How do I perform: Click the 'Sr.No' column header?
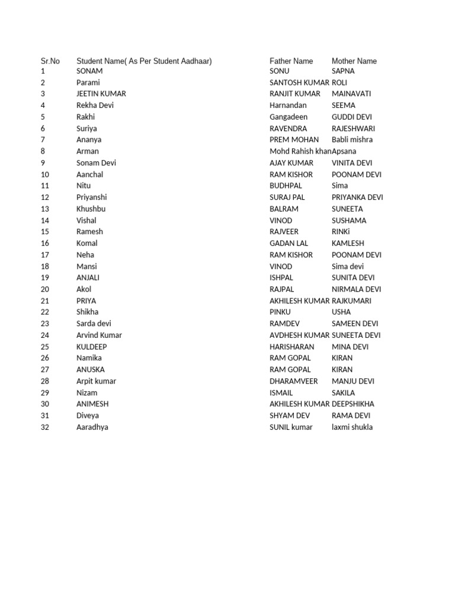[50, 61]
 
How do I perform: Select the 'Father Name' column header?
[291, 61]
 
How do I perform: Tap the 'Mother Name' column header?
[354, 61]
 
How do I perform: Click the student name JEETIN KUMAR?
[101, 94]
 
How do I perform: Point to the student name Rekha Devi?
[95, 106]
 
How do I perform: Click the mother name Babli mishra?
[352, 140]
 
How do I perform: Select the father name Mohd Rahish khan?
[300, 151]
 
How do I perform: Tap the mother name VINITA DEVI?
[353, 163]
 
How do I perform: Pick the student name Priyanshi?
[92, 197]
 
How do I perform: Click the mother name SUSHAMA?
[349, 221]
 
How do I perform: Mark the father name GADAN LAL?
[289, 243]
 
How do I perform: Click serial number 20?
[45, 289]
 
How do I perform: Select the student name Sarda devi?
[94, 324]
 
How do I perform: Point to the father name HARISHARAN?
[292, 347]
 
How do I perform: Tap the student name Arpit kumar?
[97, 381]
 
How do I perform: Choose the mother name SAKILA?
[344, 392]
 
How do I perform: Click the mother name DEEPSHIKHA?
[353, 404]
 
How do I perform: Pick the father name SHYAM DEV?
[290, 416]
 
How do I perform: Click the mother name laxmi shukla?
[353, 427]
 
